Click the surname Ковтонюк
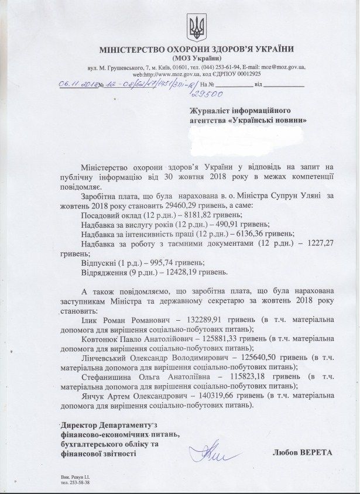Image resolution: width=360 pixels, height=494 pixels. (104, 339)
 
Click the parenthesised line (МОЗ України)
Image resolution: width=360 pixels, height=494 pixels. (196, 57)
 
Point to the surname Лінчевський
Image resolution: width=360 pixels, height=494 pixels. (108, 358)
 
